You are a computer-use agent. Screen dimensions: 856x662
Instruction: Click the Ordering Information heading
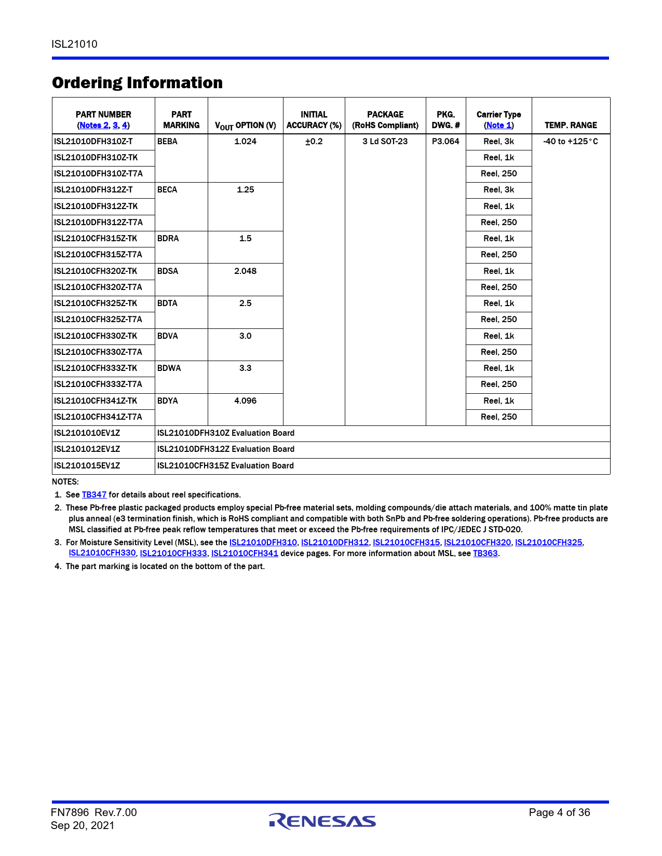point(137,83)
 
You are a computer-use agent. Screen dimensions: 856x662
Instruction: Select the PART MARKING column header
point(181,120)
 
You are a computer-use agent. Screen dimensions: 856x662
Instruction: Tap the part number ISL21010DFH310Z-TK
point(96,158)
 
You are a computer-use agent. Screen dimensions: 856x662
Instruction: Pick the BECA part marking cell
point(167,190)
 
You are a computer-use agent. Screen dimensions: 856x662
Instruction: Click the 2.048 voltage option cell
point(245,271)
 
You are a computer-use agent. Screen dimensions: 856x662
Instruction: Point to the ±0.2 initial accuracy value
point(314,142)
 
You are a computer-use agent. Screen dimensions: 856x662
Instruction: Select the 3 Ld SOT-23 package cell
point(385,142)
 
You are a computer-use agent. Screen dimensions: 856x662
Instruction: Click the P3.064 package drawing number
point(445,142)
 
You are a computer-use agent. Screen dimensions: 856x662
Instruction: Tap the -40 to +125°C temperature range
point(570,142)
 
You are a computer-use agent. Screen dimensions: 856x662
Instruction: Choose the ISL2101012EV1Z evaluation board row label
point(87,449)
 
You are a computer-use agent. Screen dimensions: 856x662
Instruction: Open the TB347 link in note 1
point(94,495)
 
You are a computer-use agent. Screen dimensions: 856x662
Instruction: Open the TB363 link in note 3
point(485,554)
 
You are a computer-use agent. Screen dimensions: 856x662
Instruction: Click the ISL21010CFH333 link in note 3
point(173,554)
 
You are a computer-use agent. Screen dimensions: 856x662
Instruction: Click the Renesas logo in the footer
point(322,820)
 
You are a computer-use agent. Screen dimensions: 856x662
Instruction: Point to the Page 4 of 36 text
point(559,813)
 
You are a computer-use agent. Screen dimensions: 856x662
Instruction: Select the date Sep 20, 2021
point(83,826)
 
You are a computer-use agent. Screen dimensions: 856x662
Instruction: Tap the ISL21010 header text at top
point(74,44)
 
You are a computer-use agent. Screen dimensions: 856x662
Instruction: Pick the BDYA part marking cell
point(168,401)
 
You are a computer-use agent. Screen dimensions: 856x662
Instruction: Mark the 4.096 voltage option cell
point(245,401)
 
